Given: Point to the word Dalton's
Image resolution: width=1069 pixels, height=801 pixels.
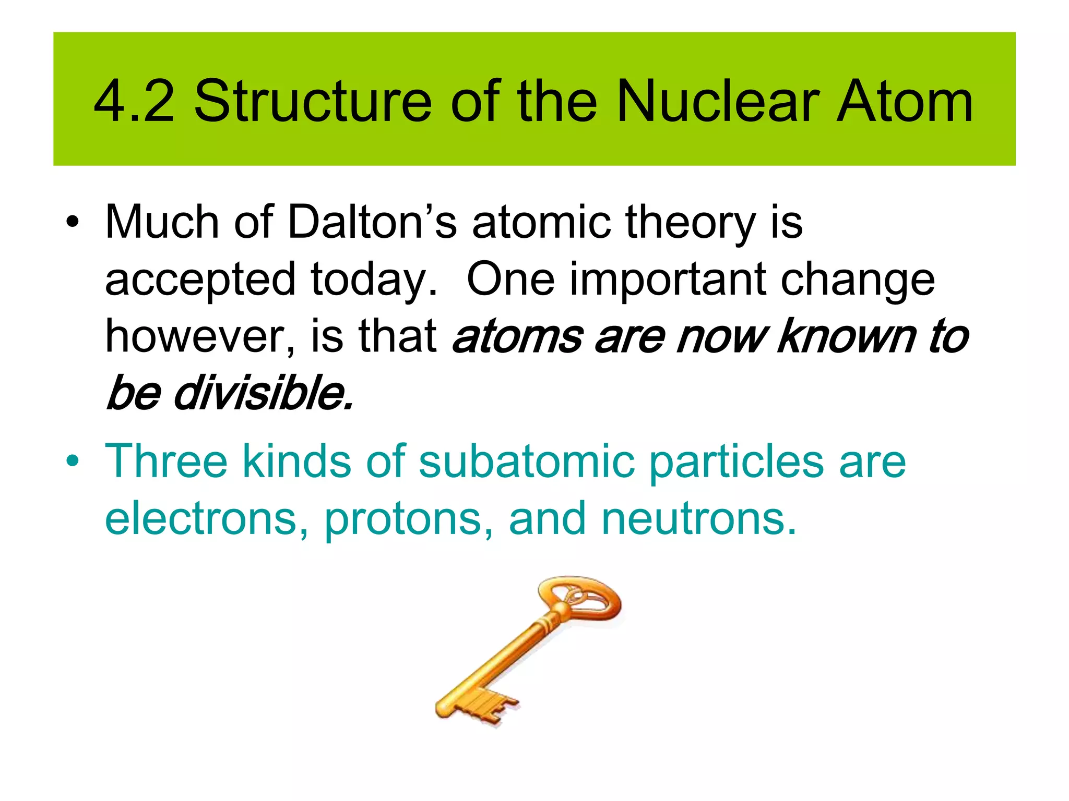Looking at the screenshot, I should [x=372, y=223].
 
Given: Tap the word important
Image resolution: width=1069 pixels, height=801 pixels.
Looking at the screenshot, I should [x=668, y=280].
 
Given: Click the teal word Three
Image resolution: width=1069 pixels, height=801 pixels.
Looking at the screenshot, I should [x=166, y=461].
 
